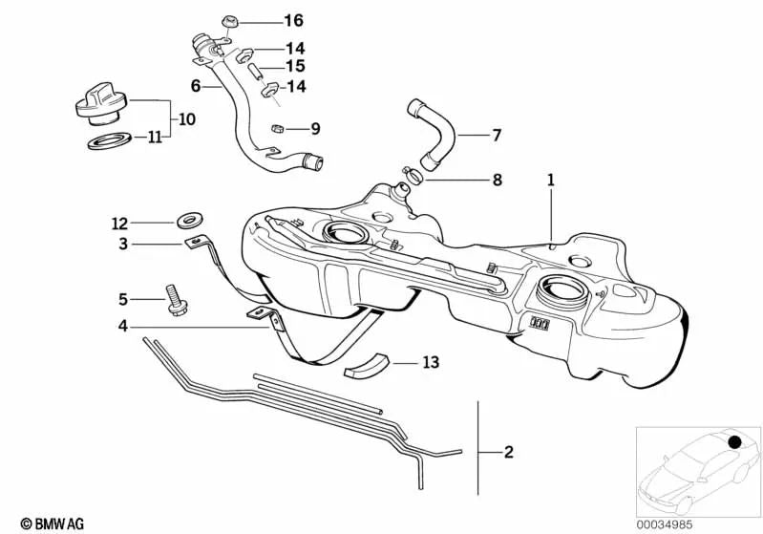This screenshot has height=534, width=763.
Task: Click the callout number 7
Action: tap(496, 136)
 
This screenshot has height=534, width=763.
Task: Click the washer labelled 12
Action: tap(181, 222)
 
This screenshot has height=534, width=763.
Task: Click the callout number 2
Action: tap(507, 450)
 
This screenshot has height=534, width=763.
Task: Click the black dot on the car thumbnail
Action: tap(735, 442)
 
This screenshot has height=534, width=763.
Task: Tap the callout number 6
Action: tap(196, 85)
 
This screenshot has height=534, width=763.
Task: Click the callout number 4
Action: tap(122, 327)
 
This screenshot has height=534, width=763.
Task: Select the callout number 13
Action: tap(431, 363)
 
